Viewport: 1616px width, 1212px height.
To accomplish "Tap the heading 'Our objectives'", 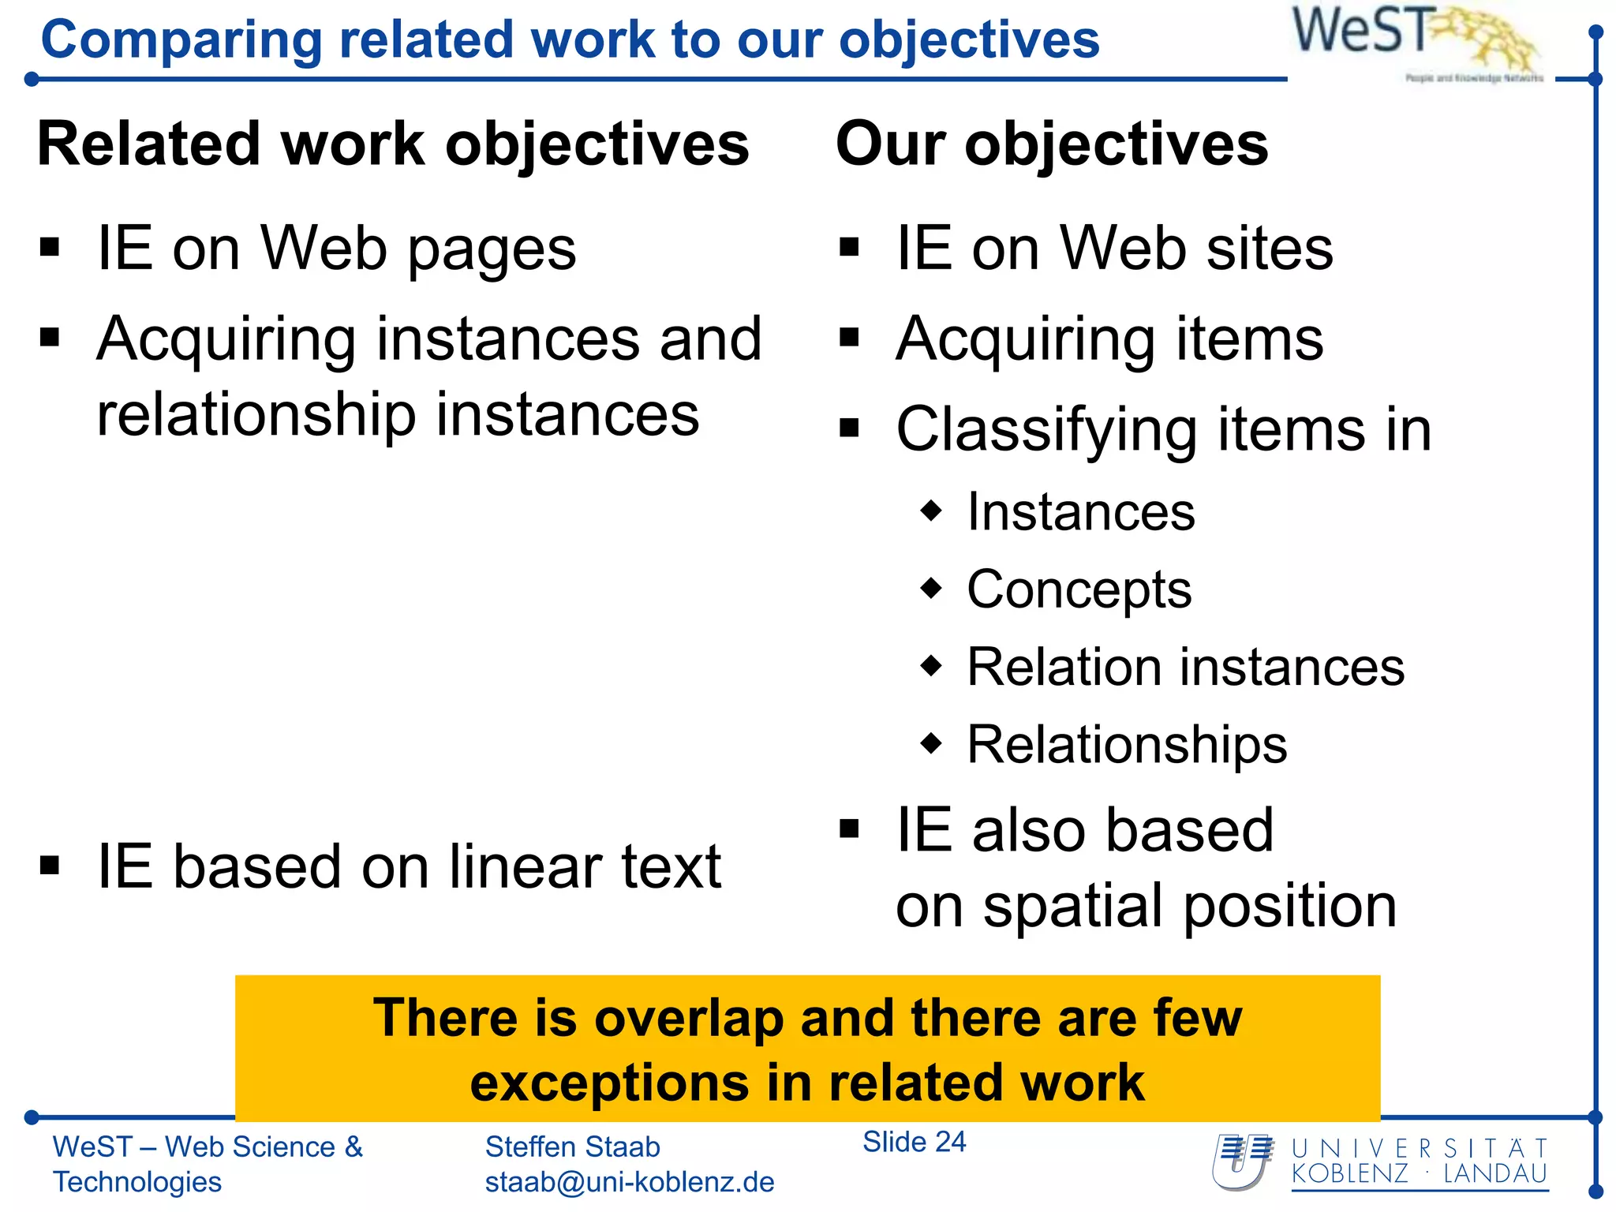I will coord(1052,144).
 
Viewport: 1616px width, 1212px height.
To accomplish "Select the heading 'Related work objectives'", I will coord(393,144).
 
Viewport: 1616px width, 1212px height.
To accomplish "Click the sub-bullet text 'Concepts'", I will coord(1079,590).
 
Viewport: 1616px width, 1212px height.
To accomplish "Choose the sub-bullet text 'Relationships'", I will coord(1127,745).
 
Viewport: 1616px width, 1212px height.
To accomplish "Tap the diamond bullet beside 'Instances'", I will coord(932,510).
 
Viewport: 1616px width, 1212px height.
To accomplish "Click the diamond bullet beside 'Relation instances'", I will coord(932,665).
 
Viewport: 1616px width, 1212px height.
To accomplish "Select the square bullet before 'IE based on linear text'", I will coord(50,866).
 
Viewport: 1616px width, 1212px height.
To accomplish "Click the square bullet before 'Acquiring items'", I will coord(849,338).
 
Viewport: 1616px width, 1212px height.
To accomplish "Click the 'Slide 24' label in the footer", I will coord(914,1142).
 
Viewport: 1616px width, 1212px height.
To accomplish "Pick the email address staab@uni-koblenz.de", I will coord(629,1182).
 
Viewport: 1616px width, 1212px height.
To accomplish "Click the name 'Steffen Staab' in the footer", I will coord(572,1147).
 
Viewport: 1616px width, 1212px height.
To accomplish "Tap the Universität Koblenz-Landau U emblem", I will coord(1243,1161).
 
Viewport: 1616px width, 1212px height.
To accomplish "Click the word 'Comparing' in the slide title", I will coord(181,40).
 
